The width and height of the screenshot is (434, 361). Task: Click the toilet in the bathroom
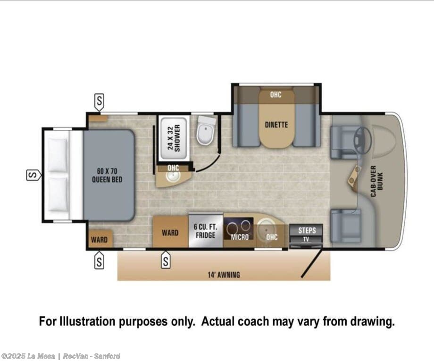pyautogui.click(x=206, y=130)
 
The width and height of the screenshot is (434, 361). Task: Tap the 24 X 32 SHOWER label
pyautogui.click(x=174, y=138)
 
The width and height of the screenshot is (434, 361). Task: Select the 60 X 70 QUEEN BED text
pyautogui.click(x=107, y=175)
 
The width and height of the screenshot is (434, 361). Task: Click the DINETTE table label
pyautogui.click(x=276, y=125)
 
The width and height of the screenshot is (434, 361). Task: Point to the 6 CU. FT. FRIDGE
pyautogui.click(x=205, y=231)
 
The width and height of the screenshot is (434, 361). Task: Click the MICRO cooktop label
pyautogui.click(x=240, y=237)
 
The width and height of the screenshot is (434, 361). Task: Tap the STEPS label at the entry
pyautogui.click(x=307, y=230)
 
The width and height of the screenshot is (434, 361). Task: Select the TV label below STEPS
pyautogui.click(x=306, y=239)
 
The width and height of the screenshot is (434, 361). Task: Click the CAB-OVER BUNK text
pyautogui.click(x=376, y=181)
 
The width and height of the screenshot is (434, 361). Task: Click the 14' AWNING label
pyautogui.click(x=224, y=275)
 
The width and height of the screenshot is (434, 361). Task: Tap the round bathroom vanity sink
pyautogui.click(x=173, y=176)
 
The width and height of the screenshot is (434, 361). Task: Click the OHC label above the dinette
pyautogui.click(x=275, y=95)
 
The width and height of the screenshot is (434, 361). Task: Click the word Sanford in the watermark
pyautogui.click(x=107, y=356)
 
